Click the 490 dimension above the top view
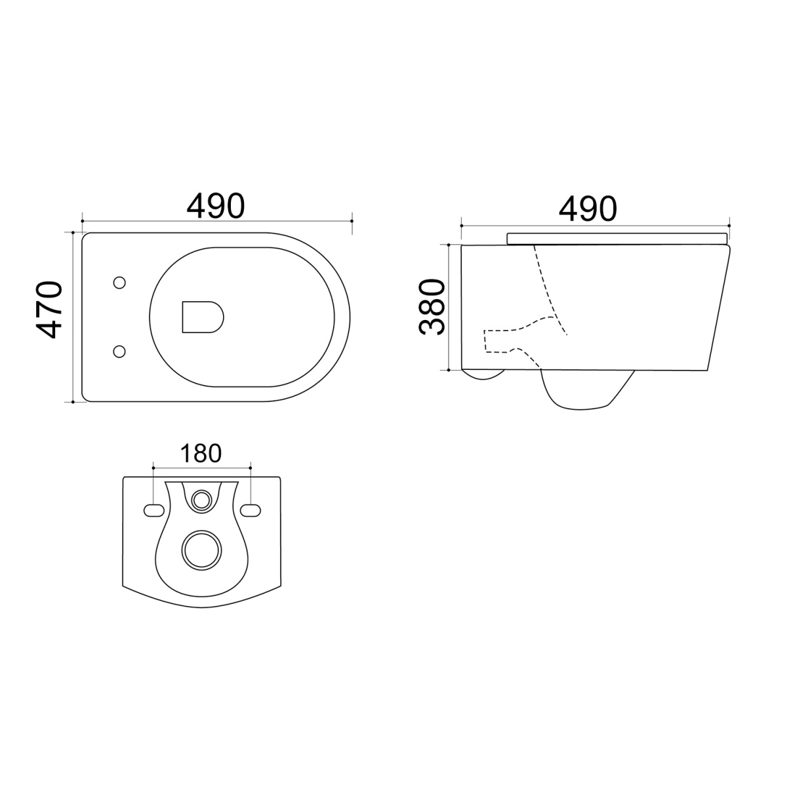point(216,206)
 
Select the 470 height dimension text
point(49,310)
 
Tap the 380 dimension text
point(432,307)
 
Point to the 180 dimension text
point(201,453)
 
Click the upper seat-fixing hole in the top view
point(119,283)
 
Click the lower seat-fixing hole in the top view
point(119,352)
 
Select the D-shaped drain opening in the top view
point(203,317)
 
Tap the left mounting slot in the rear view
point(154,510)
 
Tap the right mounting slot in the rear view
point(251,510)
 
